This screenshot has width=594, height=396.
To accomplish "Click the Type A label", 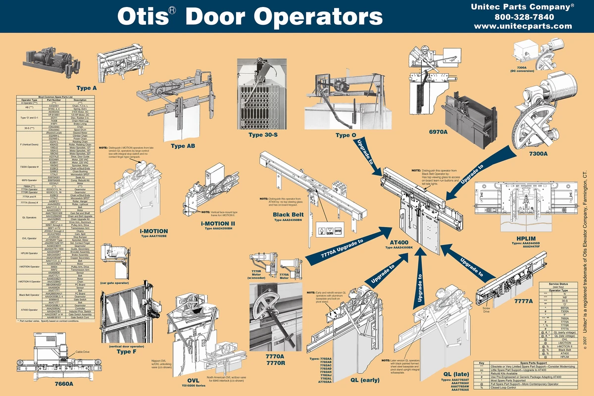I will click(87, 88).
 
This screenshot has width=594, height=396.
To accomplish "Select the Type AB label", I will click(183, 146).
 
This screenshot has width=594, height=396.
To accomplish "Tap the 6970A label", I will click(439, 132).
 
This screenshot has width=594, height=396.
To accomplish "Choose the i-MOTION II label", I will click(218, 223).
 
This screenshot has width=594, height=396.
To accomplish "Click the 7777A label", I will click(524, 301).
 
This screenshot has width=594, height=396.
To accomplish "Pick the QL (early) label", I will click(365, 380).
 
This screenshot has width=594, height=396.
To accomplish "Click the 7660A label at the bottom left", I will click(63, 384).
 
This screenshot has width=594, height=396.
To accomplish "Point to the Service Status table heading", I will click(561, 284).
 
